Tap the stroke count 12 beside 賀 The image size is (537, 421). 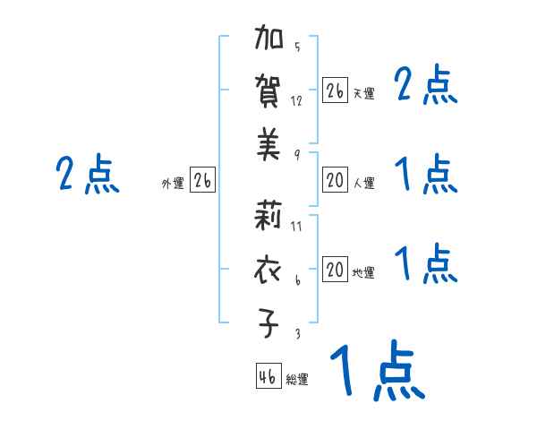297,100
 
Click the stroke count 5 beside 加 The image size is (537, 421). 297,47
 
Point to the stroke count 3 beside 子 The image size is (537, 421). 297,333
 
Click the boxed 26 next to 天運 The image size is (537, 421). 335,90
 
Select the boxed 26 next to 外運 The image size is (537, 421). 202,180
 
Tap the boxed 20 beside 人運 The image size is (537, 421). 335,180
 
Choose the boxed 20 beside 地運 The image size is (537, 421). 335,270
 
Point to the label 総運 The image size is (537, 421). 297,380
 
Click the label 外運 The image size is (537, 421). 173,184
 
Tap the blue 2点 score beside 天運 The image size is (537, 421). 426,87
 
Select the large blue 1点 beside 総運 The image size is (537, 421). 376,372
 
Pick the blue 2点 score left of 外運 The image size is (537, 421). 88,174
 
